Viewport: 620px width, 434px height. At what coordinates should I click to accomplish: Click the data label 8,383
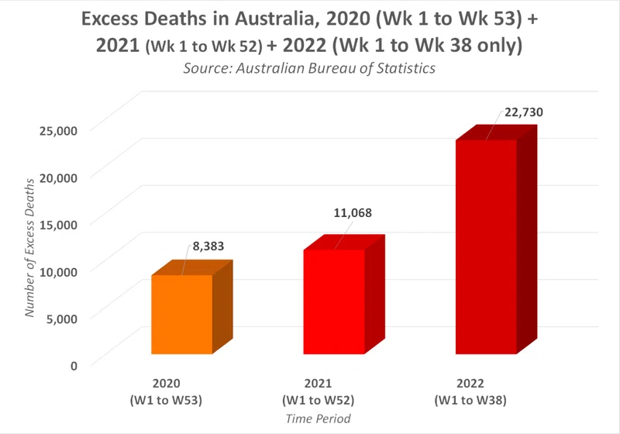pyautogui.click(x=208, y=246)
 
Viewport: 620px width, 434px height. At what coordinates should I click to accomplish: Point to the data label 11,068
pyautogui.click(x=353, y=213)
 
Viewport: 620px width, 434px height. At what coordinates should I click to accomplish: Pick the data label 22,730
pyautogui.click(x=524, y=112)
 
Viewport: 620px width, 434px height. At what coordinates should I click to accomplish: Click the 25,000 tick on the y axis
pyautogui.click(x=58, y=130)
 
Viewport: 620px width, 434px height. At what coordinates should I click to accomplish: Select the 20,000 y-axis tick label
pyautogui.click(x=58, y=178)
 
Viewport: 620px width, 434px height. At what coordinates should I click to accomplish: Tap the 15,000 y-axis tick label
pyautogui.click(x=58, y=225)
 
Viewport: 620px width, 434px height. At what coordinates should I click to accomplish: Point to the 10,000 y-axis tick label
pyautogui.click(x=58, y=271)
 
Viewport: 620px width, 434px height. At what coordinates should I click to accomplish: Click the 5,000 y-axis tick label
pyautogui.click(x=62, y=319)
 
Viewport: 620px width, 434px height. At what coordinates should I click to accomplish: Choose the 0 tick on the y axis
pyautogui.click(x=74, y=366)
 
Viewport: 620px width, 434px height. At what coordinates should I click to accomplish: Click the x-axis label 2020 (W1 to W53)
pyautogui.click(x=166, y=391)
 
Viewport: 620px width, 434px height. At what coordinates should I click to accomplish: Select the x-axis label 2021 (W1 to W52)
pyautogui.click(x=319, y=391)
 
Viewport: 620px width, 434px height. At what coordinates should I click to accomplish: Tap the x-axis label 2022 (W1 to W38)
pyautogui.click(x=470, y=391)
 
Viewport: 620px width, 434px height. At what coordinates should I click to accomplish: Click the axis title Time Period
pyautogui.click(x=319, y=418)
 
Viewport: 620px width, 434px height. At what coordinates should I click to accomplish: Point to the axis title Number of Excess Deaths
pyautogui.click(x=29, y=248)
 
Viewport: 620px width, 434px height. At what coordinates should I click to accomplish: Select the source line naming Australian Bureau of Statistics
pyautogui.click(x=309, y=68)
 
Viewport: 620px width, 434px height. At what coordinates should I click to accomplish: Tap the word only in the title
pyautogui.click(x=497, y=45)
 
